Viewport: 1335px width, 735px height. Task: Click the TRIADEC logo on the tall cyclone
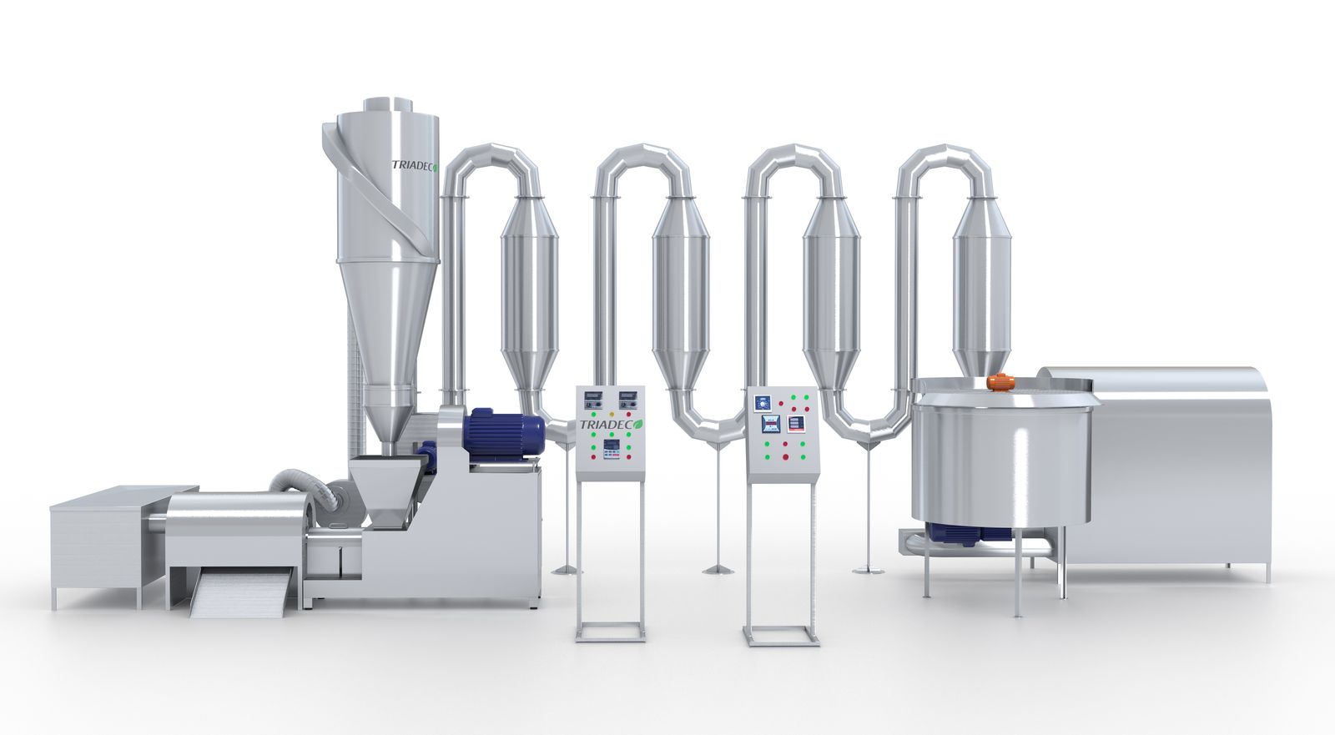[x=415, y=165]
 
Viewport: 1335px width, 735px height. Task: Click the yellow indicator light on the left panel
[x=612, y=414]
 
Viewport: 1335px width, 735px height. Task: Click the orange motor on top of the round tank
[x=1001, y=382]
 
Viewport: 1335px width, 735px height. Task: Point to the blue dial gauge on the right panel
[x=763, y=404]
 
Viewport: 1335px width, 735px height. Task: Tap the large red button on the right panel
[x=785, y=457]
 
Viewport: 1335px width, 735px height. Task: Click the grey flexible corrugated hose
[x=304, y=491]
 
